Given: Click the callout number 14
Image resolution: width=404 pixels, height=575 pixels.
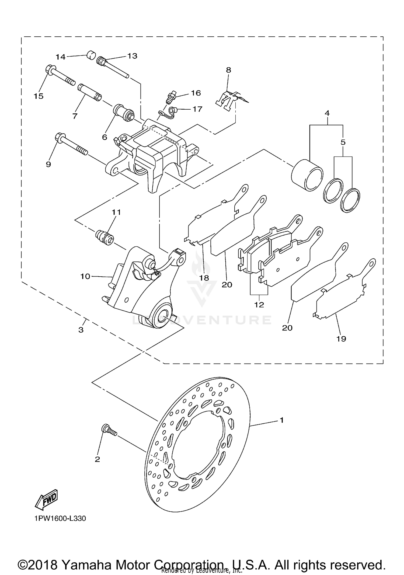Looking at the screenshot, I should (61, 57).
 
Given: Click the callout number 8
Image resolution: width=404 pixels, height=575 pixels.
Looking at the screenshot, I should (228, 70).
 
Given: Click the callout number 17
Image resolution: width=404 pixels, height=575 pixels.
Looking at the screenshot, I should (197, 109).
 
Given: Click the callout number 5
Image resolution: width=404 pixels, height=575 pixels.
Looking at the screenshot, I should (343, 142).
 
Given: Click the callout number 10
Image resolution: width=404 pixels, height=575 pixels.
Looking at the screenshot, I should (85, 276).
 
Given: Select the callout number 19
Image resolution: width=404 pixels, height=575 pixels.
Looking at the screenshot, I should (341, 339).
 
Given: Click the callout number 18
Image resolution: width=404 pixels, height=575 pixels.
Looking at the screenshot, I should (204, 278).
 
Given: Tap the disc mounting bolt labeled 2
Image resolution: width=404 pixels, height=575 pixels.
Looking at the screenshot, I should (109, 430).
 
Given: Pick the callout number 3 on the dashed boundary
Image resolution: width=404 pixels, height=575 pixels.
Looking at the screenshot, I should (81, 330).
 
